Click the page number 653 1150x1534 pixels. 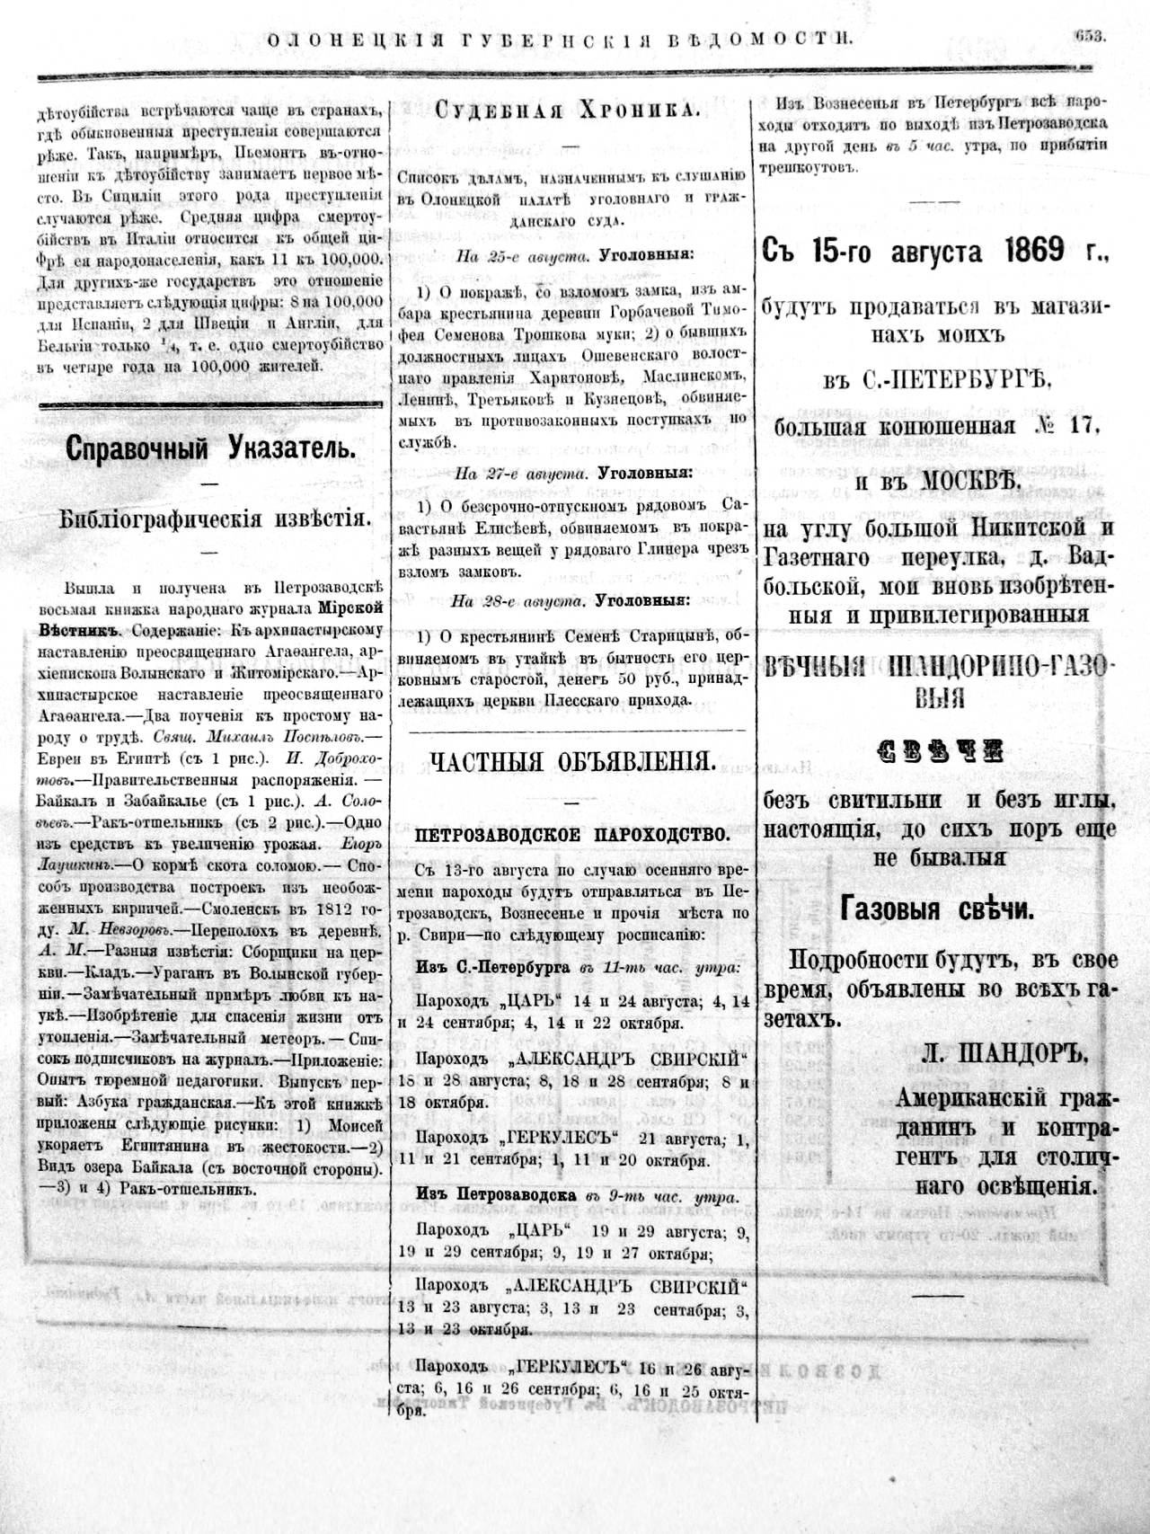click(1088, 37)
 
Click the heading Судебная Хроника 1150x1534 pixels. click(567, 111)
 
